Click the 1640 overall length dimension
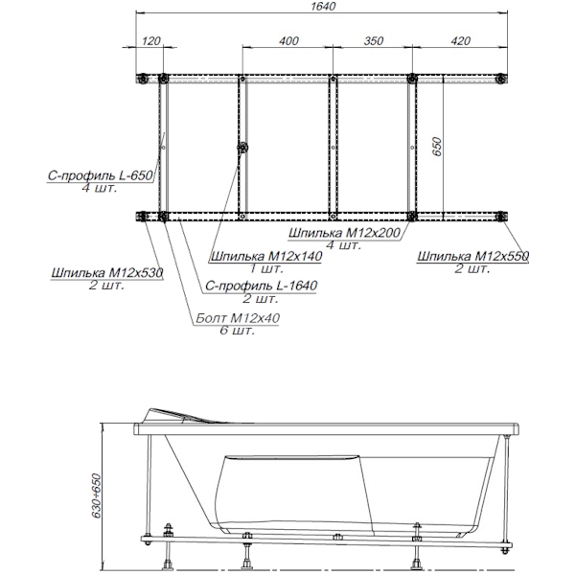323,7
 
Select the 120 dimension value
151,40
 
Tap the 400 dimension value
289,40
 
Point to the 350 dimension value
374,40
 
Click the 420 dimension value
460,40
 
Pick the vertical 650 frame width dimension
437,147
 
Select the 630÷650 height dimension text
96,495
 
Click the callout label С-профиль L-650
100,175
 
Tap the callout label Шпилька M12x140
266,256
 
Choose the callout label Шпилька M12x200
344,233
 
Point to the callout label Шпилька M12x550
473,256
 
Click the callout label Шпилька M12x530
107,272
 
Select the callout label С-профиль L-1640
261,286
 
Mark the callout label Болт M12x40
238,317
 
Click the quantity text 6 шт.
238,331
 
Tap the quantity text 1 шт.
266,268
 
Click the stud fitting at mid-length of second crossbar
242,148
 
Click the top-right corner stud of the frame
500,79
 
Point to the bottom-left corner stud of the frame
141,217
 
